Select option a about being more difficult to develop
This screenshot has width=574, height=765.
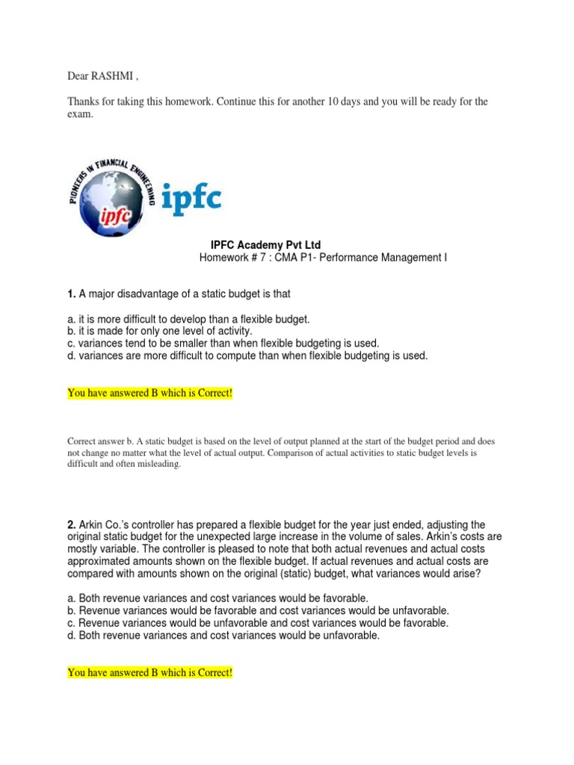[x=188, y=319]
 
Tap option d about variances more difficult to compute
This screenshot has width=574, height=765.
[x=247, y=356]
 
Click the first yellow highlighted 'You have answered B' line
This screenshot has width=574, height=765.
[x=150, y=393]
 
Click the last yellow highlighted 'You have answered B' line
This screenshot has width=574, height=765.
[x=150, y=673]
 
